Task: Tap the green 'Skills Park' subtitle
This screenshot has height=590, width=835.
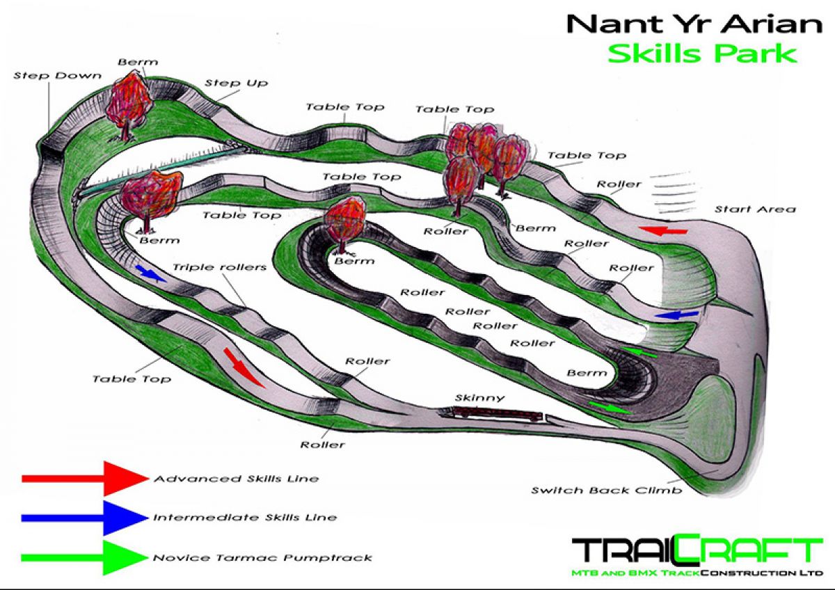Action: pos(702,54)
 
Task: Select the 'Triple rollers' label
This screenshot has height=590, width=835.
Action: pos(219,267)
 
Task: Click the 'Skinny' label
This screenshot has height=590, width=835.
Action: pos(479,398)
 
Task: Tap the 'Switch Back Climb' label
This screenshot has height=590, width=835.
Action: pos(606,490)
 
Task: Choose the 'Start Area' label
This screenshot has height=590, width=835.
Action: pos(754,209)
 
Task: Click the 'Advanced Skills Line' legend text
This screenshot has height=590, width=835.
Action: pos(236,479)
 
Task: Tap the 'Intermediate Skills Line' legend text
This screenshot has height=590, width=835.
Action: pos(245,518)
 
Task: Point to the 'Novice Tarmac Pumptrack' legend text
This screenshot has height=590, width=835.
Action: pos(262,557)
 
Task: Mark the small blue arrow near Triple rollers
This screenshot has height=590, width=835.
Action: pos(150,272)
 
